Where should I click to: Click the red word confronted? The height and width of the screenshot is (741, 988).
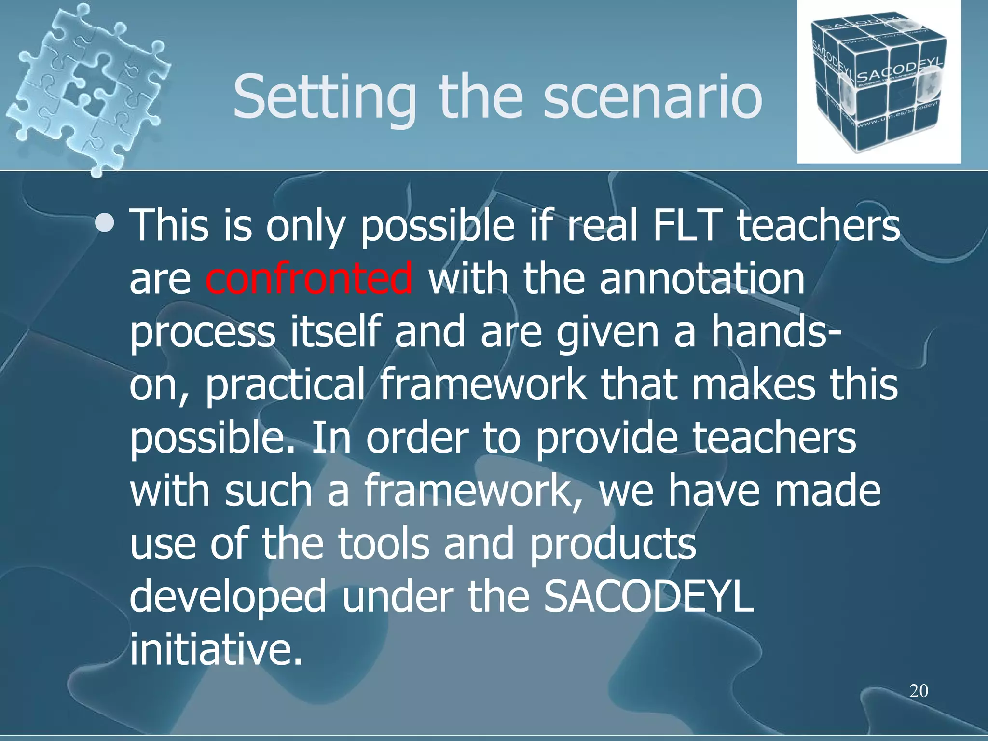pos(309,279)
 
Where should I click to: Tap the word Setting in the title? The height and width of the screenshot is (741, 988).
pos(324,99)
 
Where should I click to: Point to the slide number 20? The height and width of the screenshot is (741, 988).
pos(919,691)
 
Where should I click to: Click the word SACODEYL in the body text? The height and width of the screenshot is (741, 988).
pos(648,597)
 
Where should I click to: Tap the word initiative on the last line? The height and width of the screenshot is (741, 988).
pos(216,650)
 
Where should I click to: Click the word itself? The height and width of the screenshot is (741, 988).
pos(335,332)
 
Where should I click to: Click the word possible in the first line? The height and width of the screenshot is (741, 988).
pos(438,227)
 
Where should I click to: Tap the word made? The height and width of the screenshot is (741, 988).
pos(827,491)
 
